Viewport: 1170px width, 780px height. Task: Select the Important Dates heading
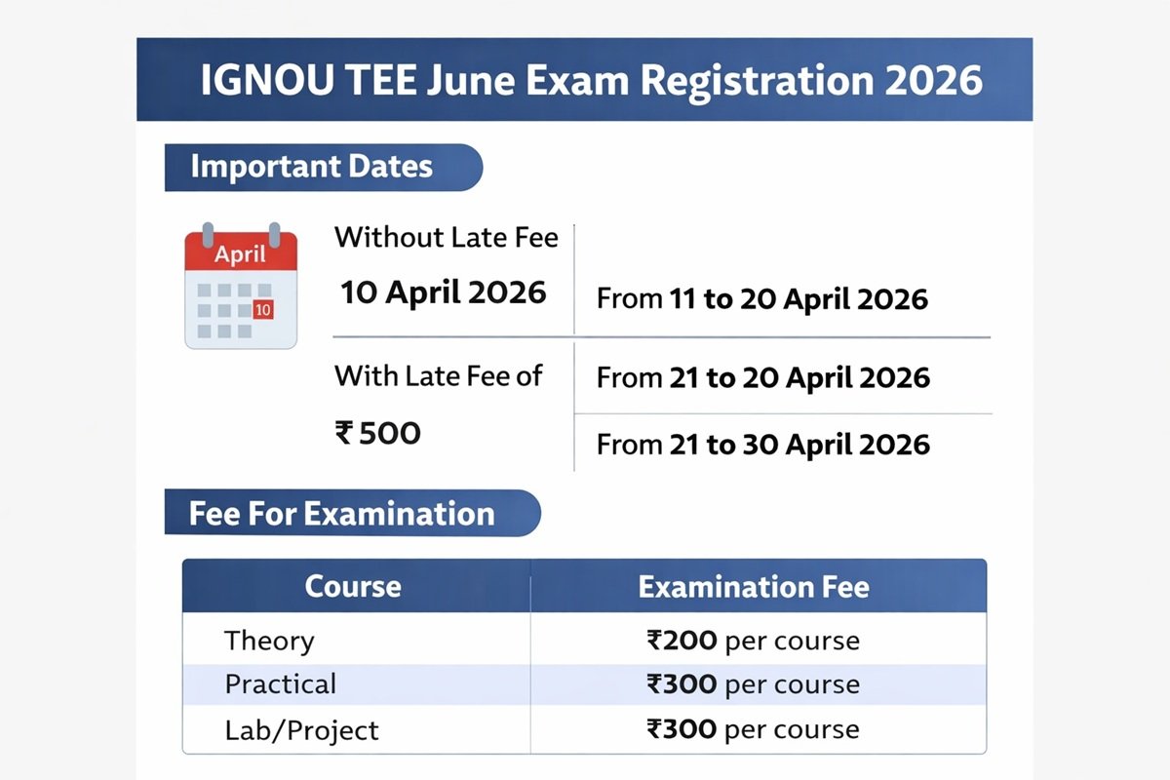(311, 166)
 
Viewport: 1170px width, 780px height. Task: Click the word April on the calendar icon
(240, 254)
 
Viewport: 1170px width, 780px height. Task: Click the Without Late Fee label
(447, 237)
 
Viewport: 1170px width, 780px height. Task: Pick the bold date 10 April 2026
(444, 292)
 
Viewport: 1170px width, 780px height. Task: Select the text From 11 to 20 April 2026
(762, 298)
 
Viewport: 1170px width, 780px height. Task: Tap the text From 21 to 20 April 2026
(762, 377)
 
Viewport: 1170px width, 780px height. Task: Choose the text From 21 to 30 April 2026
(762, 445)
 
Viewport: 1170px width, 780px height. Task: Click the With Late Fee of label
(438, 375)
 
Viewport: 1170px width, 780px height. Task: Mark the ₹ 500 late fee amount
(378, 433)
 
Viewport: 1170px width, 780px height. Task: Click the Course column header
(353, 587)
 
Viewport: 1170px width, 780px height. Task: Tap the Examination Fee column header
(754, 587)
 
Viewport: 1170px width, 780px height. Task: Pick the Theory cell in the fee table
(269, 641)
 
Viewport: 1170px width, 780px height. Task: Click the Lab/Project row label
(301, 729)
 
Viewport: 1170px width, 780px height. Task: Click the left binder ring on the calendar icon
(207, 234)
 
